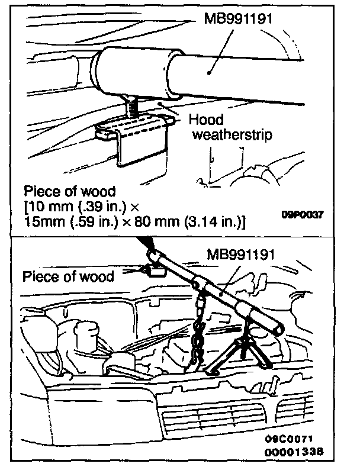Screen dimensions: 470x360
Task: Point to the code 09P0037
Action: [x=302, y=215]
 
